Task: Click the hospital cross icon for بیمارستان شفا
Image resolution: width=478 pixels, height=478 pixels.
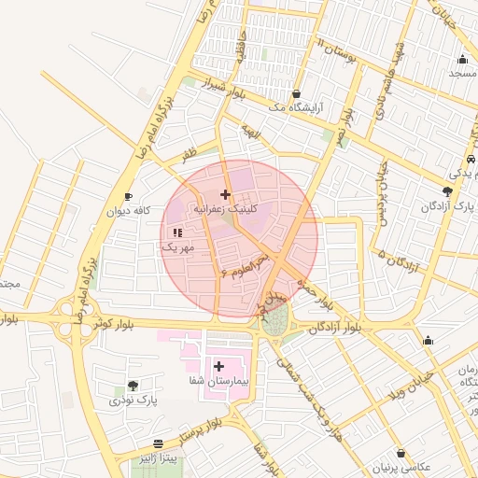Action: click(219, 366)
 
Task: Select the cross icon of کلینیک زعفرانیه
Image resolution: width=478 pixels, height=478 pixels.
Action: click(224, 194)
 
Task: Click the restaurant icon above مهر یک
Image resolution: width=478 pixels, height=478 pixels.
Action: click(177, 232)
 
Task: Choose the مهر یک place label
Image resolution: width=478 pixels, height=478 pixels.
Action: click(176, 248)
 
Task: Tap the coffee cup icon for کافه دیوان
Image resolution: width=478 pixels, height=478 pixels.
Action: click(128, 195)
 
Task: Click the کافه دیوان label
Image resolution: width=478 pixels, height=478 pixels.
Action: click(127, 211)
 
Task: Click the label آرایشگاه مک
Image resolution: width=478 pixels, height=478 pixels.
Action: click(295, 108)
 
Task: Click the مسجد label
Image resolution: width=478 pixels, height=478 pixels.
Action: click(462, 72)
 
